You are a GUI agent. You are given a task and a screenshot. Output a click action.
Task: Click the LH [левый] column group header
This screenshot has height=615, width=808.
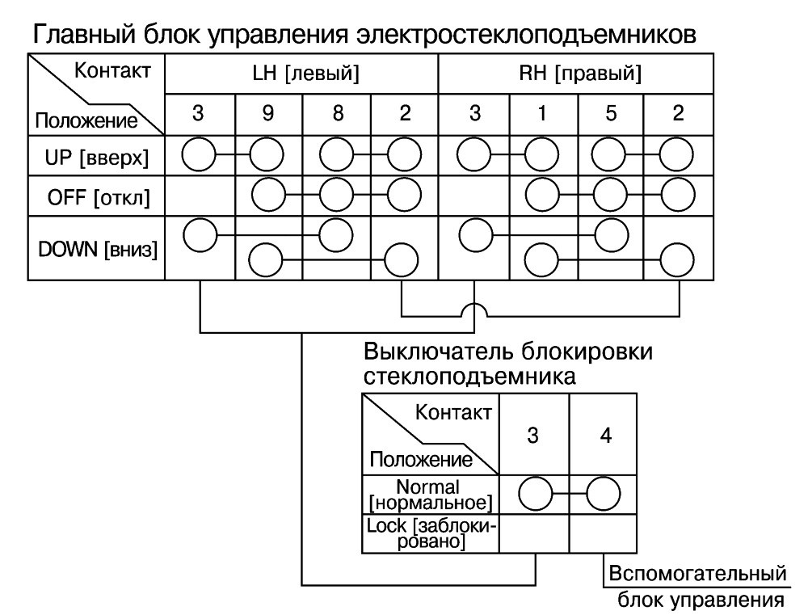[x=305, y=73]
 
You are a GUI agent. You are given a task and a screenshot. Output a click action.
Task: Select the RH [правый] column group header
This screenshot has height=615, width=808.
[x=580, y=73]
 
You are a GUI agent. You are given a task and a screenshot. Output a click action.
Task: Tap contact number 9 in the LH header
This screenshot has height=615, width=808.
[x=268, y=113]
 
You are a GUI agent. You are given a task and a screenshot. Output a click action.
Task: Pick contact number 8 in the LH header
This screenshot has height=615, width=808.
[x=338, y=113]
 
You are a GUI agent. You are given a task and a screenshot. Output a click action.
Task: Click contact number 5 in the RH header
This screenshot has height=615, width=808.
[x=611, y=113]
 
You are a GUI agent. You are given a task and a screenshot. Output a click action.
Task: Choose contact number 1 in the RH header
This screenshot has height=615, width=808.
[x=541, y=113]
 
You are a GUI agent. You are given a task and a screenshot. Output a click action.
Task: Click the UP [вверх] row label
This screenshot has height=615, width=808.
[x=96, y=158]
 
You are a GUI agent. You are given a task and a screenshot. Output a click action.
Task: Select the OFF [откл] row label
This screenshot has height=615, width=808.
[x=99, y=197]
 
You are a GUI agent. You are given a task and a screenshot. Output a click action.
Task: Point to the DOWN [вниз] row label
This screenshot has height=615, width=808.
[x=98, y=250]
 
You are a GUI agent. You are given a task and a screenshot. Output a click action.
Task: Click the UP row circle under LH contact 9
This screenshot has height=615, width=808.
[x=267, y=154]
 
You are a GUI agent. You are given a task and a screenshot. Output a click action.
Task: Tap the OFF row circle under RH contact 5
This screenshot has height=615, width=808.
[x=610, y=195]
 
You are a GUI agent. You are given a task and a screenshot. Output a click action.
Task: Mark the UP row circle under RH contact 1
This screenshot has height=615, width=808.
[x=541, y=154]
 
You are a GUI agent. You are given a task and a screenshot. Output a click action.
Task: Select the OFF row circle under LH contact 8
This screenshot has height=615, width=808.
[x=336, y=195]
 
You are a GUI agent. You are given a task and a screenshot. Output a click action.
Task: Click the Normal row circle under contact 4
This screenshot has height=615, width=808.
[x=604, y=494]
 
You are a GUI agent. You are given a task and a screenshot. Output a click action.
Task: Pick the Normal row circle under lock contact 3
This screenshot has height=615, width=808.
[x=536, y=494]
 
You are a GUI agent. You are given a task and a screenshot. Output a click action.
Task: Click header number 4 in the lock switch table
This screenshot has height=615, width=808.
[x=605, y=436]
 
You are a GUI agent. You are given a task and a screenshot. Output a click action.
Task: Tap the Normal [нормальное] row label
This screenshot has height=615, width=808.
[x=431, y=495]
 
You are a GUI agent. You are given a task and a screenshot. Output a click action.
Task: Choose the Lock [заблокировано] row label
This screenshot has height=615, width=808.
[x=431, y=533]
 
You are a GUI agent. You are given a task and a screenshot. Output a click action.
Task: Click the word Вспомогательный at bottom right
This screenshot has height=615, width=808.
[x=698, y=574]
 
